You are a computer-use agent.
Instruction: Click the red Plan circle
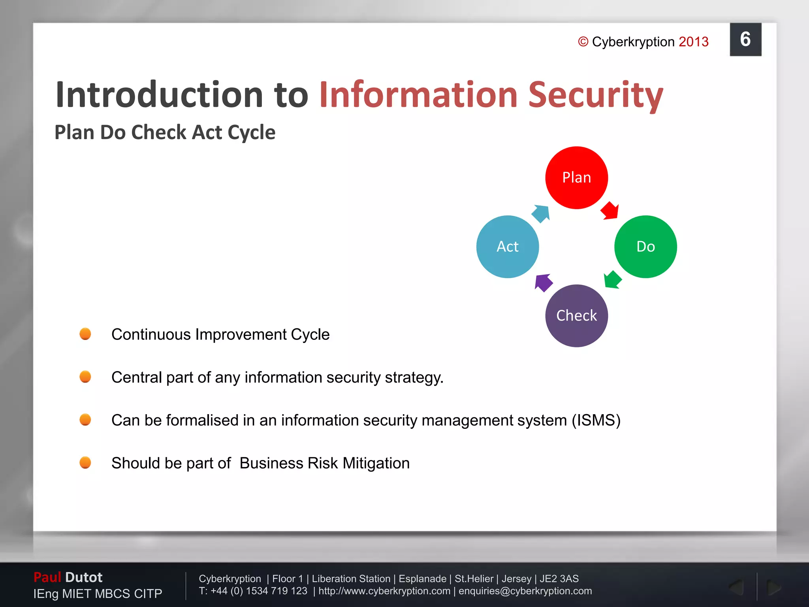(x=576, y=177)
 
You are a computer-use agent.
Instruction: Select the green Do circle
(x=645, y=247)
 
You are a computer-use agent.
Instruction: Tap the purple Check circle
(x=576, y=316)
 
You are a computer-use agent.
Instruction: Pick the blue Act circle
(x=508, y=247)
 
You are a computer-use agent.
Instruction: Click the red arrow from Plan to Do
(x=610, y=211)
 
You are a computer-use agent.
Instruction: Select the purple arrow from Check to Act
(x=543, y=283)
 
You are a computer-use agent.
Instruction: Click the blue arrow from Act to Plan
(x=541, y=213)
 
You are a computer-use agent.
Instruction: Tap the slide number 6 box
(x=745, y=40)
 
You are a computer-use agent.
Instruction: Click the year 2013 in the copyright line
(x=694, y=42)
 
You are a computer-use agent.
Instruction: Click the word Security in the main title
(x=596, y=95)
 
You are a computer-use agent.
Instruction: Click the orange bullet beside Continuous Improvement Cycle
(x=85, y=334)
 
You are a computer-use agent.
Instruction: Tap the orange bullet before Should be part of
(x=85, y=462)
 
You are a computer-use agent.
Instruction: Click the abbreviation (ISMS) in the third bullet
(x=596, y=420)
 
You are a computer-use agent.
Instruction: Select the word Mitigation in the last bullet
(x=376, y=463)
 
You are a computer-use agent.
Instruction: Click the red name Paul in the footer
(x=47, y=577)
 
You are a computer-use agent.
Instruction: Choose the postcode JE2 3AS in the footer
(x=559, y=579)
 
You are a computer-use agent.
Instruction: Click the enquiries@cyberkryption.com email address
(x=525, y=591)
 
